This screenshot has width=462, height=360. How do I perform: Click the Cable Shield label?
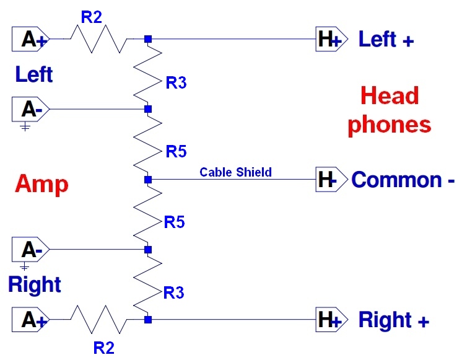[x=235, y=172]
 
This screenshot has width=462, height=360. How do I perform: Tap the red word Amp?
[x=41, y=184]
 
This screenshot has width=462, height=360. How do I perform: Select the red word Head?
[x=390, y=96]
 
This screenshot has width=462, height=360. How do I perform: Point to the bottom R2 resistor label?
[x=104, y=347]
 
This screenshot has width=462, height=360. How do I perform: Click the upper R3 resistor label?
[x=176, y=82]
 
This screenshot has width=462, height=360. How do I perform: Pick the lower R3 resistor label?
[x=173, y=292]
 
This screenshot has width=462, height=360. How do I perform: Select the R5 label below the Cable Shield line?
[x=175, y=222]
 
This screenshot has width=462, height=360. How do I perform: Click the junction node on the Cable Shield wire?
[x=147, y=180]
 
